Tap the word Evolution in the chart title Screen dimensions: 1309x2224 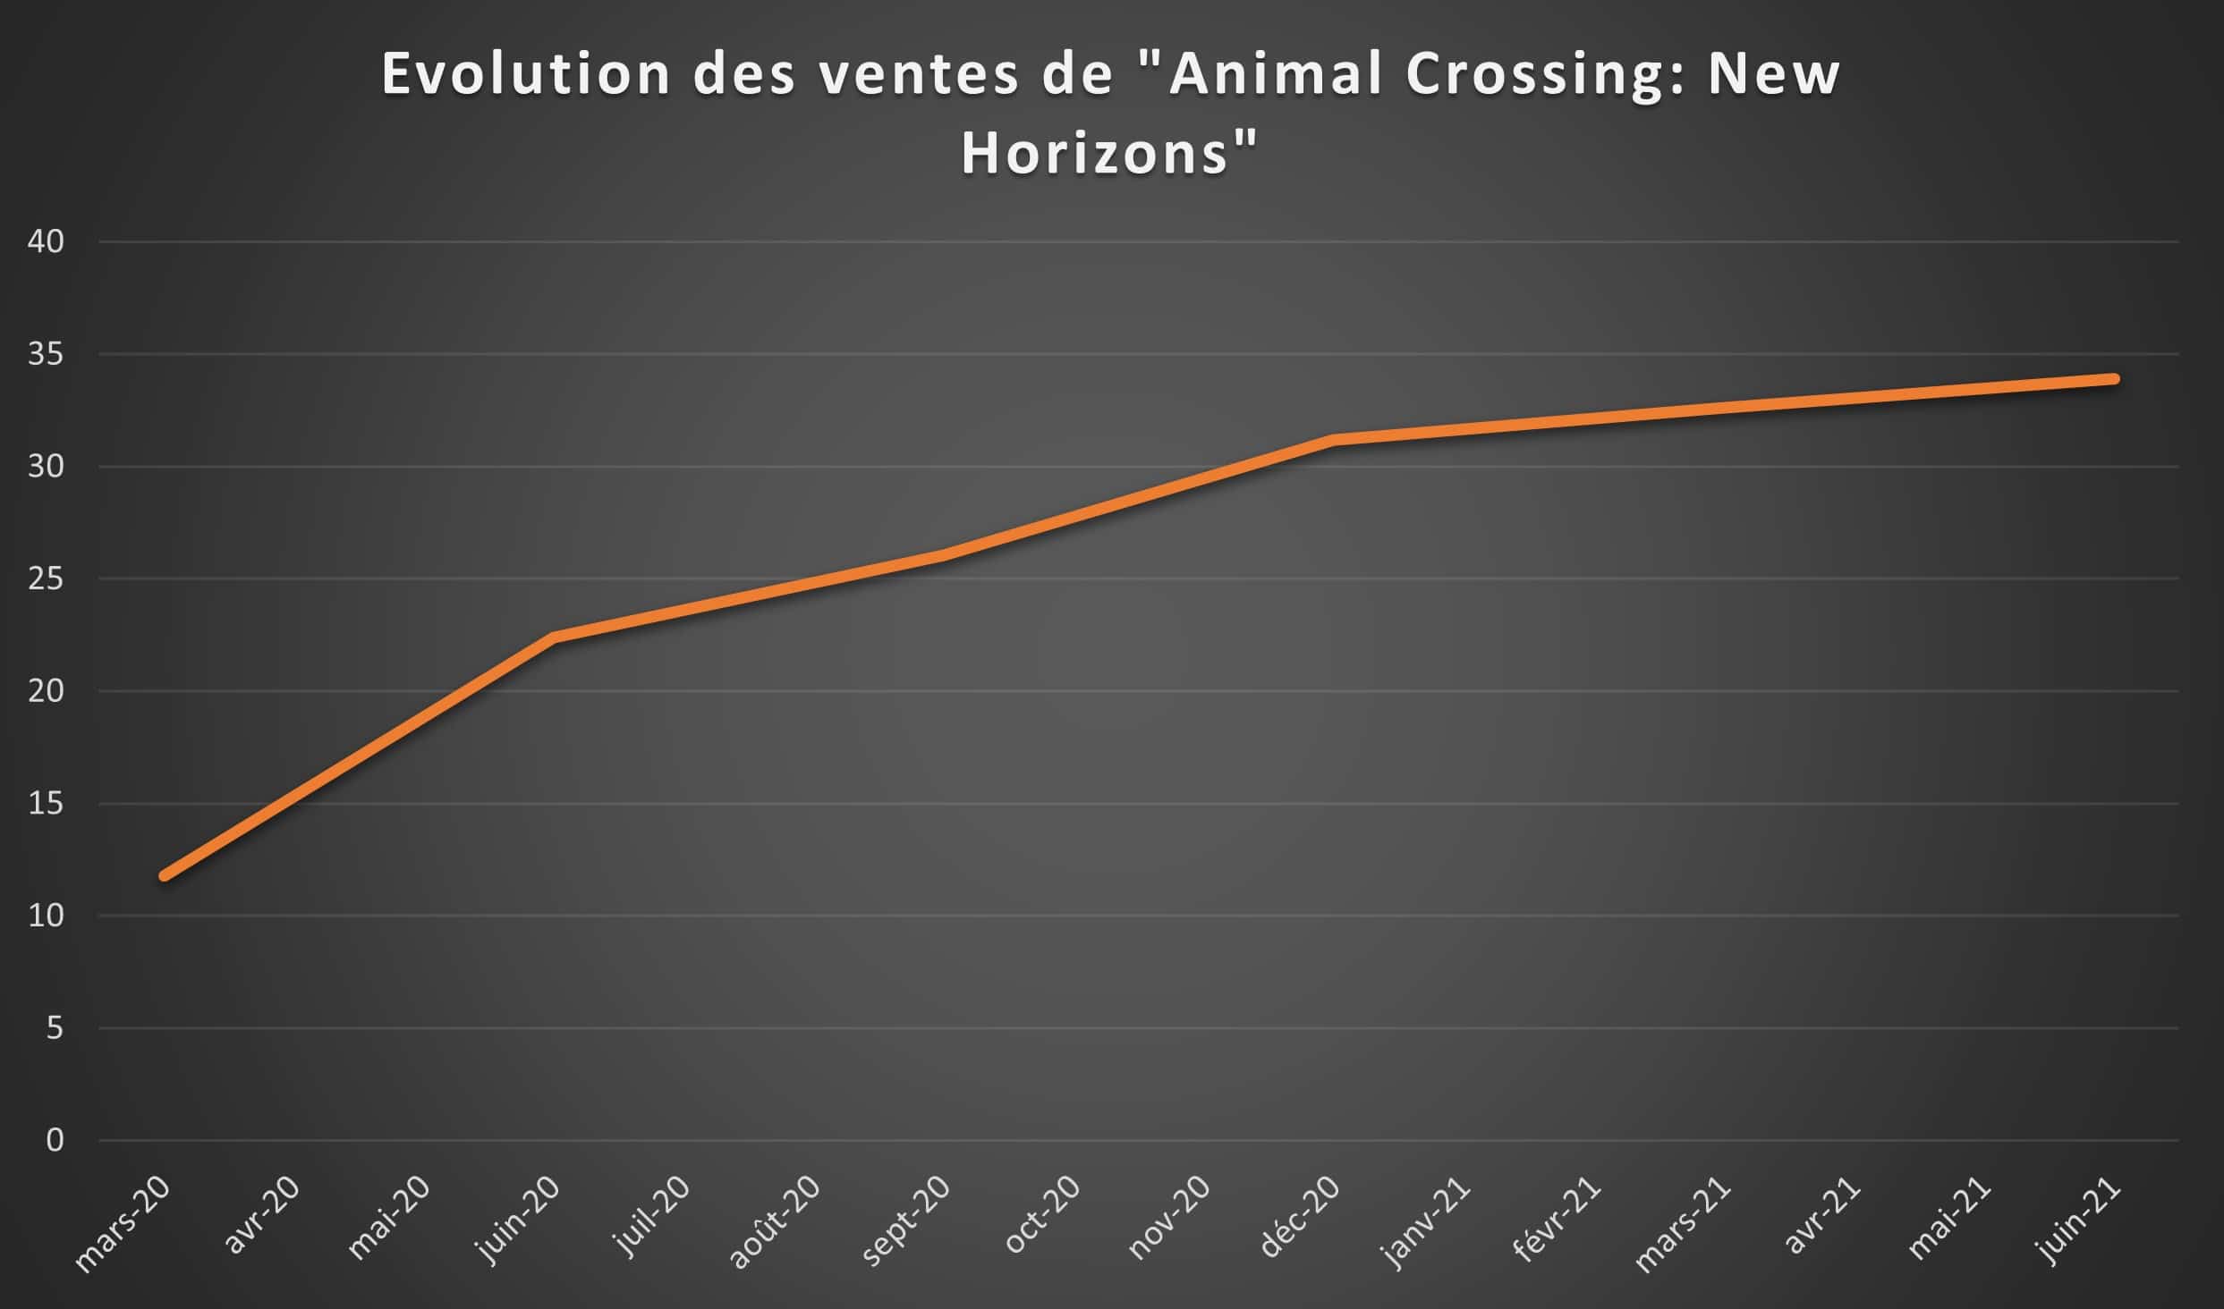tap(526, 74)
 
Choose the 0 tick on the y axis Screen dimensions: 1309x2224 tap(55, 1140)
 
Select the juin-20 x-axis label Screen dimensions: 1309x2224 tap(520, 1220)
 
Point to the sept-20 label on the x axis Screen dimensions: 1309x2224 tap(905, 1221)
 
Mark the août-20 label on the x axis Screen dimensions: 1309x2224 tap(775, 1221)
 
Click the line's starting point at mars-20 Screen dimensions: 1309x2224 tap(165, 875)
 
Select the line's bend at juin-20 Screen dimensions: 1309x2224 tap(555, 638)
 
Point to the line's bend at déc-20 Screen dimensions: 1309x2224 tap(1334, 440)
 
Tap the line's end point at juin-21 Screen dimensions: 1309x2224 tap(2114, 379)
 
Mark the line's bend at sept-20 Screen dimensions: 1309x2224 tap(944, 555)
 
